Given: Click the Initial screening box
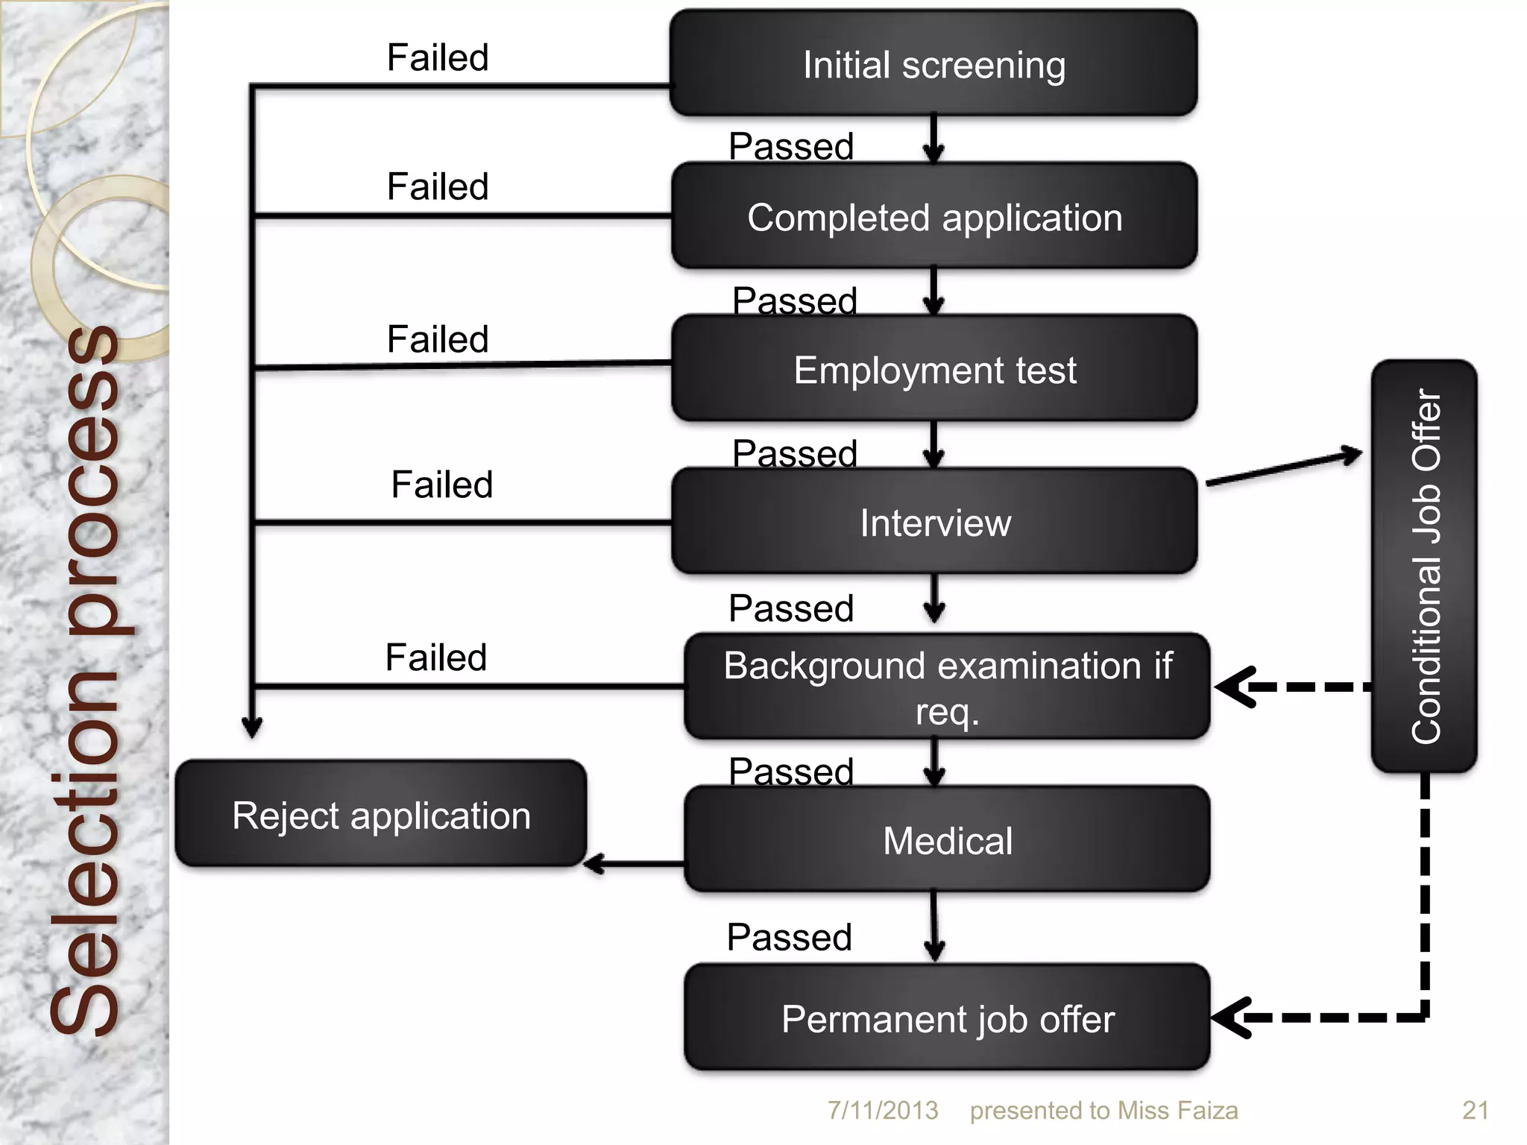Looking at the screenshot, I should click(x=933, y=64).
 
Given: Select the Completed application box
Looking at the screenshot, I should click(x=934, y=217).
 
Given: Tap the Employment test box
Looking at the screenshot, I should click(x=934, y=370).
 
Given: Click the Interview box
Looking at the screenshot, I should click(x=934, y=522).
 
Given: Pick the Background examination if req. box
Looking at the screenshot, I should click(x=947, y=687).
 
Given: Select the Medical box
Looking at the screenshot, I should click(x=947, y=840).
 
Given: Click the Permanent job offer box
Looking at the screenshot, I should click(x=947, y=1018).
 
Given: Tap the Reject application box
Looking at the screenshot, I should click(x=381, y=814).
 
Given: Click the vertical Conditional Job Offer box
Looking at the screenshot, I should click(x=1424, y=567).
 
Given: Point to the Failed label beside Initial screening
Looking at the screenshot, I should click(x=438, y=57).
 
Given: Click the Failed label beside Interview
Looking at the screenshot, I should click(x=441, y=485).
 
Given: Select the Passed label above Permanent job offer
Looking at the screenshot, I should click(x=789, y=937).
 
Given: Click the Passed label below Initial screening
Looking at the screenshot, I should click(x=790, y=146).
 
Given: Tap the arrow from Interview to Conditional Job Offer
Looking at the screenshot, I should click(x=1282, y=468).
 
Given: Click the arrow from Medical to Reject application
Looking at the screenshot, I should click(x=634, y=865).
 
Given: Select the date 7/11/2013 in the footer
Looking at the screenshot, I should click(x=883, y=1111).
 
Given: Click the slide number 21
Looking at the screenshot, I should click(x=1475, y=1111).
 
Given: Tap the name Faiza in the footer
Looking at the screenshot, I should click(x=1207, y=1111).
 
